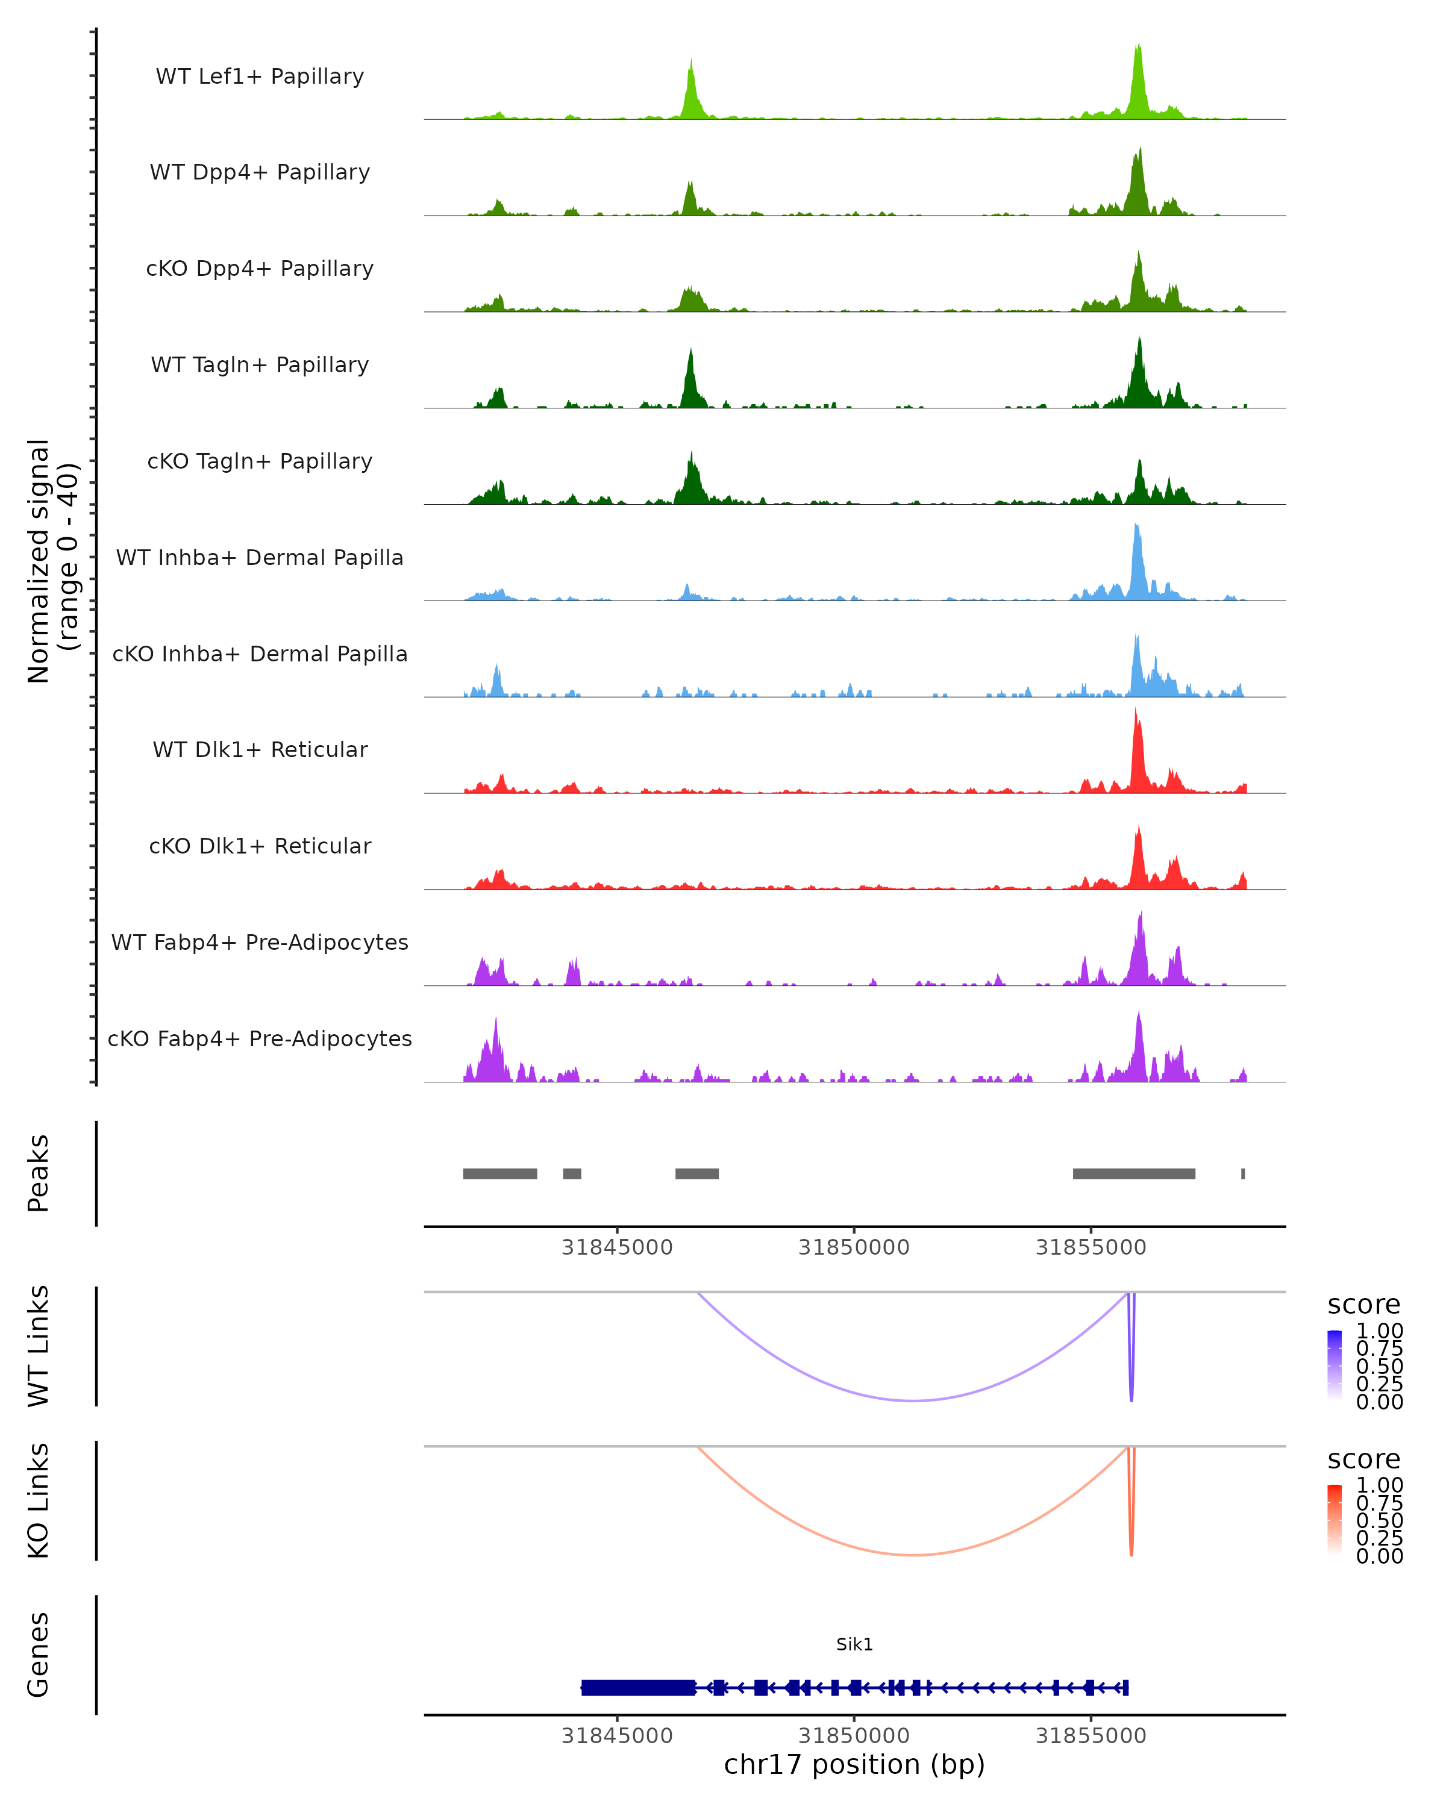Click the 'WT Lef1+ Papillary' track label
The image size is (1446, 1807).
(260, 76)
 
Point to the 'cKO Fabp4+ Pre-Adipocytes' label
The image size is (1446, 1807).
(260, 1038)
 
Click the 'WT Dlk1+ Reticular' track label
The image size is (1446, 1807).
(260, 749)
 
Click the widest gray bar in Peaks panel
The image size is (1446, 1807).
(1133, 1173)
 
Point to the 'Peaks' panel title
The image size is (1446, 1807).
(39, 1173)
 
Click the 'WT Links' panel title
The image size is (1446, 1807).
(39, 1346)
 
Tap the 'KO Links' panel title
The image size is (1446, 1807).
(39, 1500)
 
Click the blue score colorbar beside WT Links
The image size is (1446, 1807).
(1335, 1365)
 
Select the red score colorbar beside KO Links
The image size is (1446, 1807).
(1335, 1520)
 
